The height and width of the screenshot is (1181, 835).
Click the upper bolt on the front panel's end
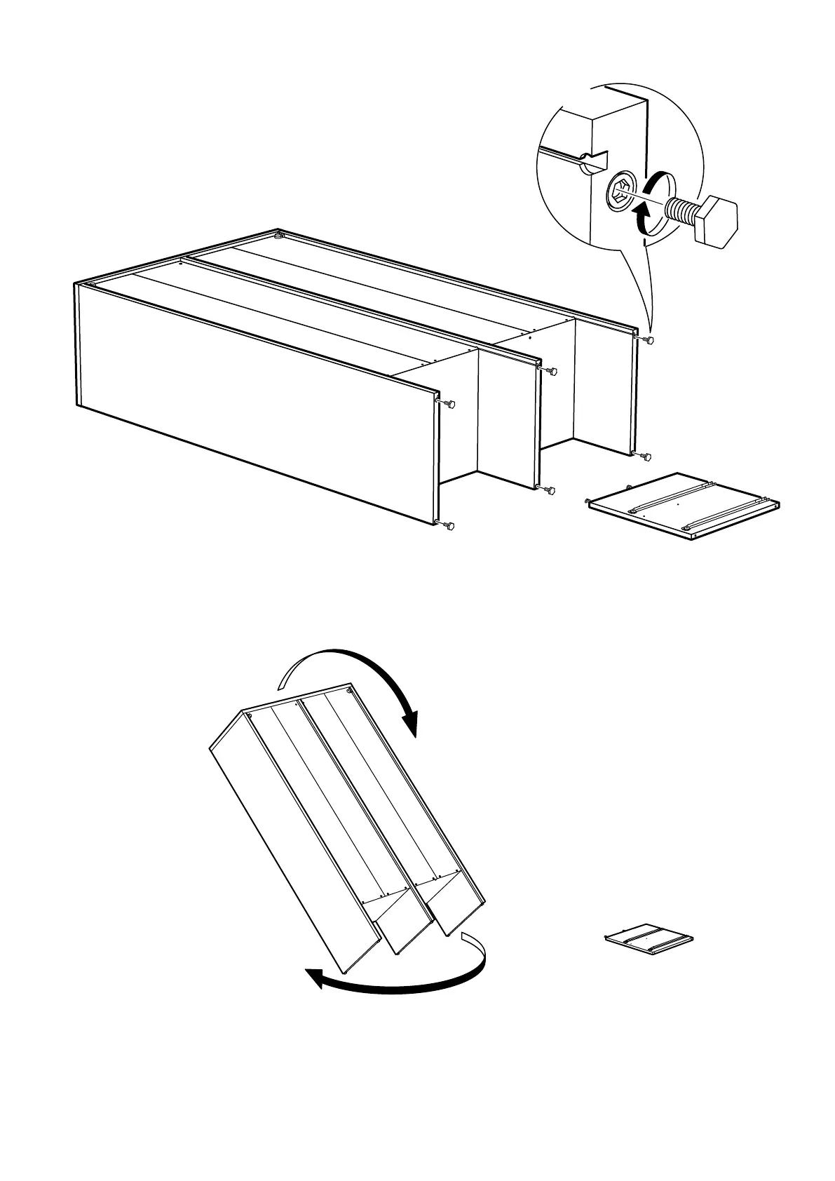450,404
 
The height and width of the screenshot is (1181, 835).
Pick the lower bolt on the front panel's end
450,525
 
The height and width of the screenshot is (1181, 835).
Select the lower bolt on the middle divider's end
550,490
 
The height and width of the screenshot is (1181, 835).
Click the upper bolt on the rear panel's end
650,340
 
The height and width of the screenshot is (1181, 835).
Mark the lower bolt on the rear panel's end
646,457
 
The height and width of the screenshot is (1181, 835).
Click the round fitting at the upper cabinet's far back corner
280,236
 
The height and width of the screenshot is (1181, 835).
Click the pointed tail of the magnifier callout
651,330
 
